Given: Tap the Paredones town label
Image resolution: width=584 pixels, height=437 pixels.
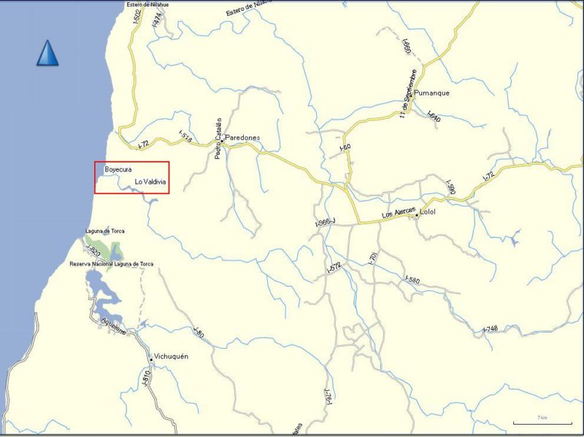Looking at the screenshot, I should click(x=242, y=137).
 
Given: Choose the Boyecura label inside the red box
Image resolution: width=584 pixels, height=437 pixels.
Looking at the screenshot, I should click(x=117, y=169).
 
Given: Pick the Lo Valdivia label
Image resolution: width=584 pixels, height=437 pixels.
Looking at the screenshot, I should click(x=151, y=182).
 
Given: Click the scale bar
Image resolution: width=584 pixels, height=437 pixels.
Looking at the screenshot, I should click(x=541, y=422).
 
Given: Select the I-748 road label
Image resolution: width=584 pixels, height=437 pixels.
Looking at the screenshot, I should click(x=491, y=330).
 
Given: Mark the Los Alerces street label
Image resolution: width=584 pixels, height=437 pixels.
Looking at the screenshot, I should click(x=399, y=213).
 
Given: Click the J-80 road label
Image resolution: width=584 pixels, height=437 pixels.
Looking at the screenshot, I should click(x=198, y=330).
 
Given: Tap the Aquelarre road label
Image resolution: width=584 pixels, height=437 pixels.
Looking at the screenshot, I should click(x=114, y=325).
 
